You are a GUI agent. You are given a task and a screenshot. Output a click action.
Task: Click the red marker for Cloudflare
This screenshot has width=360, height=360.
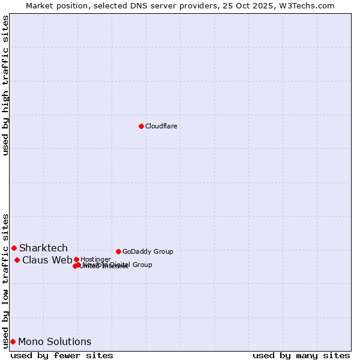point(141,126)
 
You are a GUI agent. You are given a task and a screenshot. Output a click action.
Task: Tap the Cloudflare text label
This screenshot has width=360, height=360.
point(161,126)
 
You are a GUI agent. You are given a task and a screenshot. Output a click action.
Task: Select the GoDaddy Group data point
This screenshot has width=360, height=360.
point(118,251)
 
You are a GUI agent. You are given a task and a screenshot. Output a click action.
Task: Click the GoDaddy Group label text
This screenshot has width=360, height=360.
point(148,251)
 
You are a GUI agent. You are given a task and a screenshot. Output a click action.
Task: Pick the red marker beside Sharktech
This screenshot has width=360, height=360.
point(14,248)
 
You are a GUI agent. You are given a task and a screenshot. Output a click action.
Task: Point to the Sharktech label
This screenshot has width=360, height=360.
point(43,248)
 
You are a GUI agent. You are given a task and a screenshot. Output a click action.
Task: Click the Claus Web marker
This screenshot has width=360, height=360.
point(17,260)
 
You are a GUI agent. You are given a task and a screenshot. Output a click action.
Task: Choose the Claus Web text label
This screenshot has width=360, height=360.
point(47,260)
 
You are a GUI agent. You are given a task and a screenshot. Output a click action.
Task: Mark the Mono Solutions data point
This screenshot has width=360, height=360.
point(13,341)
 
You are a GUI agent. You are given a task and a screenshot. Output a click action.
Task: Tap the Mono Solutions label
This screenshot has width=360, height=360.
point(55,341)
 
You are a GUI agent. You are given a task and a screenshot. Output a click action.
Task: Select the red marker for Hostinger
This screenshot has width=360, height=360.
point(76,259)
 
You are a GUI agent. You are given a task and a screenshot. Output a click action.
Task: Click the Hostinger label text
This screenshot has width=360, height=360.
point(95,259)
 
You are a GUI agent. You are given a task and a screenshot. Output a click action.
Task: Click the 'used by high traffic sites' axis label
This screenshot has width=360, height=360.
point(6,85)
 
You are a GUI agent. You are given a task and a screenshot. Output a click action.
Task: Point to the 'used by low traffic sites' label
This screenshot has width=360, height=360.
point(6,280)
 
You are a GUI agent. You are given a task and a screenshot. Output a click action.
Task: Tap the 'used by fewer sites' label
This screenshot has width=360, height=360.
point(62,355)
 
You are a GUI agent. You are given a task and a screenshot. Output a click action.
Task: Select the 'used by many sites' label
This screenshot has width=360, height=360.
point(301,355)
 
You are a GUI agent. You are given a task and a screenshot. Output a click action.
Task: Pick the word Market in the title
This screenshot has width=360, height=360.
point(41,5)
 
